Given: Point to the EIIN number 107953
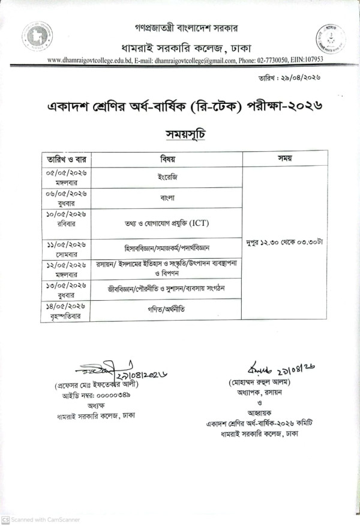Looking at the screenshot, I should pyautogui.click(x=311, y=60).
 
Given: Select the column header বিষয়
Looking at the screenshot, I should pyautogui.click(x=167, y=159).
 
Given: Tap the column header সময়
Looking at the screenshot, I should pyautogui.click(x=284, y=159).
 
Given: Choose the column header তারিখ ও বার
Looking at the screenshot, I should pyautogui.click(x=65, y=159).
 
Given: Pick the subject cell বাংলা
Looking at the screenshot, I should pyautogui.click(x=166, y=196).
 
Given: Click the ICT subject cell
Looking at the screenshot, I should pyautogui.click(x=167, y=223).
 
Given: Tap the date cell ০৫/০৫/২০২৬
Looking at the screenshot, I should pyautogui.click(x=66, y=172).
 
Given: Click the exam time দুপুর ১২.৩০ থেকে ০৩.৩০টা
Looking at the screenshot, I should pyautogui.click(x=284, y=243).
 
